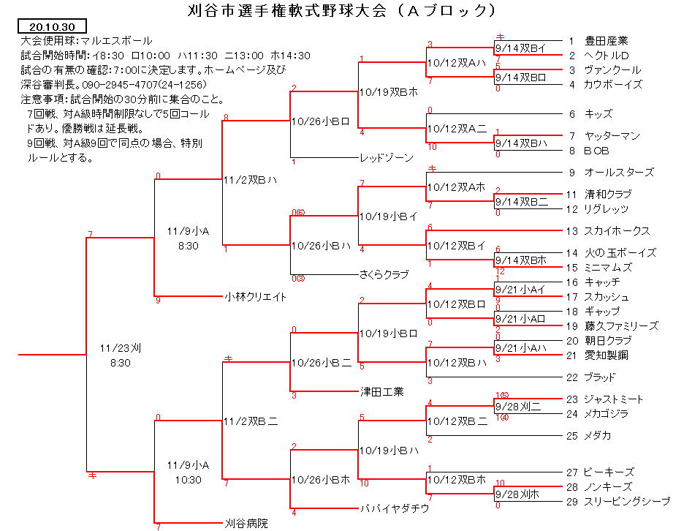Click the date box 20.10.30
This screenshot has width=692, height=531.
coord(52,26)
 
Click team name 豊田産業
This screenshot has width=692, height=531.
coord(607,41)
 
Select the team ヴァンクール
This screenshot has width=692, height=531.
coord(612,69)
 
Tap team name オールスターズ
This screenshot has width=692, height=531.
coord(619,173)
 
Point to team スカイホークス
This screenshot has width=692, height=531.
coord(617,231)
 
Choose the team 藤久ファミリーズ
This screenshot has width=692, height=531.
coord(621,326)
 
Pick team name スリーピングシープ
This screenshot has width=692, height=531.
coord(627,502)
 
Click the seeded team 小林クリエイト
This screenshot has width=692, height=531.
coord(256,297)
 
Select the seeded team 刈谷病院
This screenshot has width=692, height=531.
coord(246,524)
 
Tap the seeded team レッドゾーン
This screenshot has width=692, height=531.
coord(387,158)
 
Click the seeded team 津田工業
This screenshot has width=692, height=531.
coord(381,392)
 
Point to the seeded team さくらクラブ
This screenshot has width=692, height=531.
coord(384,275)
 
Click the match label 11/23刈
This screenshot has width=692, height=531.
coord(121,348)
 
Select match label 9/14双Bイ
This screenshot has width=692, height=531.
coord(521,48)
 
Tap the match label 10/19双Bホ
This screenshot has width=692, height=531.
coord(389,92)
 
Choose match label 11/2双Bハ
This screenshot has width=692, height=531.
coord(251,180)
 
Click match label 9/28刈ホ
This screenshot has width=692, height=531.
coord(517,494)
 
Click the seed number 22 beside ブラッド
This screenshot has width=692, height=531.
coord(572,377)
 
